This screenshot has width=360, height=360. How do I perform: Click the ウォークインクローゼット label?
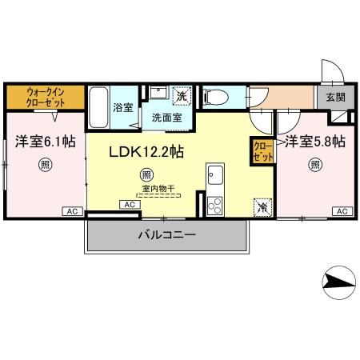(x=44, y=97)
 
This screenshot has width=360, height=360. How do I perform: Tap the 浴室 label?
(x=122, y=108)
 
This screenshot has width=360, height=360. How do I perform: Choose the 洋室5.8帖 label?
(x=315, y=142)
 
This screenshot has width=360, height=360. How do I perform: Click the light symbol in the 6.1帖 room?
(x=44, y=166)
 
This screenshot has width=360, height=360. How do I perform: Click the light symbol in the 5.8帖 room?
(x=315, y=166)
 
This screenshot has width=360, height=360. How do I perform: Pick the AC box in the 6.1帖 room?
(x=72, y=210)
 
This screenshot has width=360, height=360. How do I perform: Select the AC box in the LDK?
(x=128, y=205)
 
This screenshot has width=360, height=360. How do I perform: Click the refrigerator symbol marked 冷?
(x=262, y=206)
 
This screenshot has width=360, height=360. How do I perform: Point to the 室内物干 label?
(x=158, y=190)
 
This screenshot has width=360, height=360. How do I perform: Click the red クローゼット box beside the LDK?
(x=262, y=150)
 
